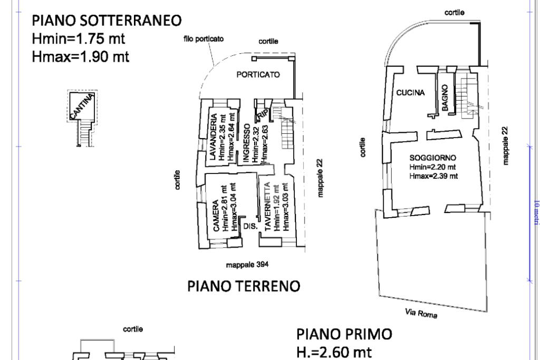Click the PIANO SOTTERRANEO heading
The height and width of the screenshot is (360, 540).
pyautogui.click(x=107, y=21)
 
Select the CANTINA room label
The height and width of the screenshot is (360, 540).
pyautogui.click(x=84, y=105)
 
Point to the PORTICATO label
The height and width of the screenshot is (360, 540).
pyautogui.click(x=258, y=75)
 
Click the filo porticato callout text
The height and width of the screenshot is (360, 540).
pyautogui.click(x=204, y=38)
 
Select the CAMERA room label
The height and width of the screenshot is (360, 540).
pyautogui.click(x=216, y=216)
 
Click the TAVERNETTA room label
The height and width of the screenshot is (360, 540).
pyautogui.click(x=267, y=207)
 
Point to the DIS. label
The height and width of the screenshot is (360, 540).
pyautogui.click(x=250, y=227)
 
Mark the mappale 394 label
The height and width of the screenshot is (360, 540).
pyautogui.click(x=243, y=265)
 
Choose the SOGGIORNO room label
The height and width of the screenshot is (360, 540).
pyautogui.click(x=432, y=158)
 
